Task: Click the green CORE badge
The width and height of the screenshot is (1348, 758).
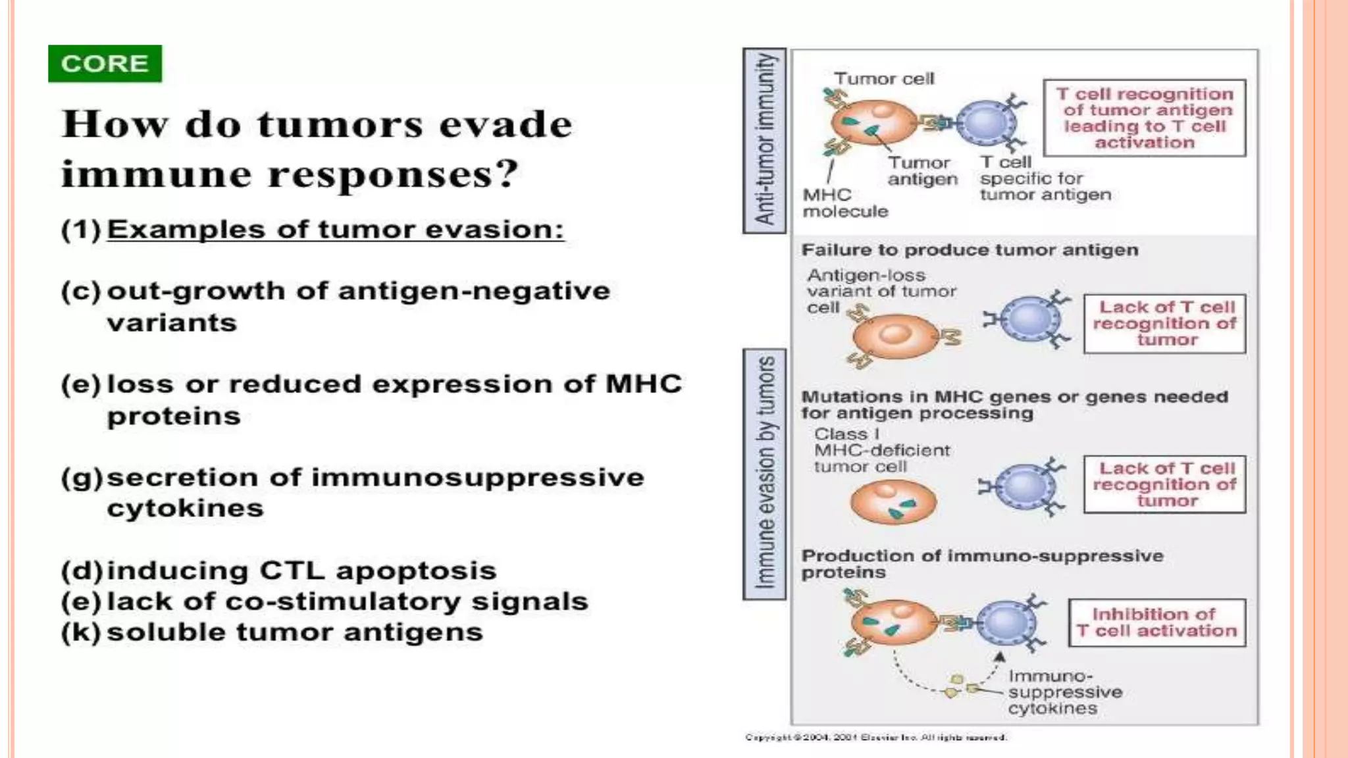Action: tap(105, 64)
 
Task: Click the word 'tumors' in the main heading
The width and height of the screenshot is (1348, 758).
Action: tap(340, 124)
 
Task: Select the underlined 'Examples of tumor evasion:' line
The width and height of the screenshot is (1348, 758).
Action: tap(335, 230)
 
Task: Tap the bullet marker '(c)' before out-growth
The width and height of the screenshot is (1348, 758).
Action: tap(81, 291)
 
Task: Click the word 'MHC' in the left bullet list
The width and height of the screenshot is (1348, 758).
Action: tap(643, 384)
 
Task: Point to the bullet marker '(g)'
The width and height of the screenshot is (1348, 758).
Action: tap(82, 478)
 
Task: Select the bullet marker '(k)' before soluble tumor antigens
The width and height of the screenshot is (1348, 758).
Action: tap(81, 632)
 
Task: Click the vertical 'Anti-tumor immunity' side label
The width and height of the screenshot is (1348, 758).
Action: tap(764, 140)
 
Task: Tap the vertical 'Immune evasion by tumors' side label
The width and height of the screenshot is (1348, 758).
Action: tap(764, 474)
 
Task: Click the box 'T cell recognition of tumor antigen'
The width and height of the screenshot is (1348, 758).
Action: tap(1144, 118)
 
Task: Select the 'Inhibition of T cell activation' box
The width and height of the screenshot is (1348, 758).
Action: tap(1156, 622)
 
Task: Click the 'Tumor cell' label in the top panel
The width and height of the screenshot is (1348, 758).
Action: tap(883, 79)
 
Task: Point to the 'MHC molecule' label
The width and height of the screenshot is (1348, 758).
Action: tap(844, 203)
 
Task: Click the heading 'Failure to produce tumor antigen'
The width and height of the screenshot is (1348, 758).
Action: tap(970, 251)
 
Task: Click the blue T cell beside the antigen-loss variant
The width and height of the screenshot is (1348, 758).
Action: tap(1029, 320)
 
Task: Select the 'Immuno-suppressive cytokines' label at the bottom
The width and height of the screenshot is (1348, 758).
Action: tap(1064, 692)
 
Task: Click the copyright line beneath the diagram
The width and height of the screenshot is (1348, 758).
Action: tap(875, 738)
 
